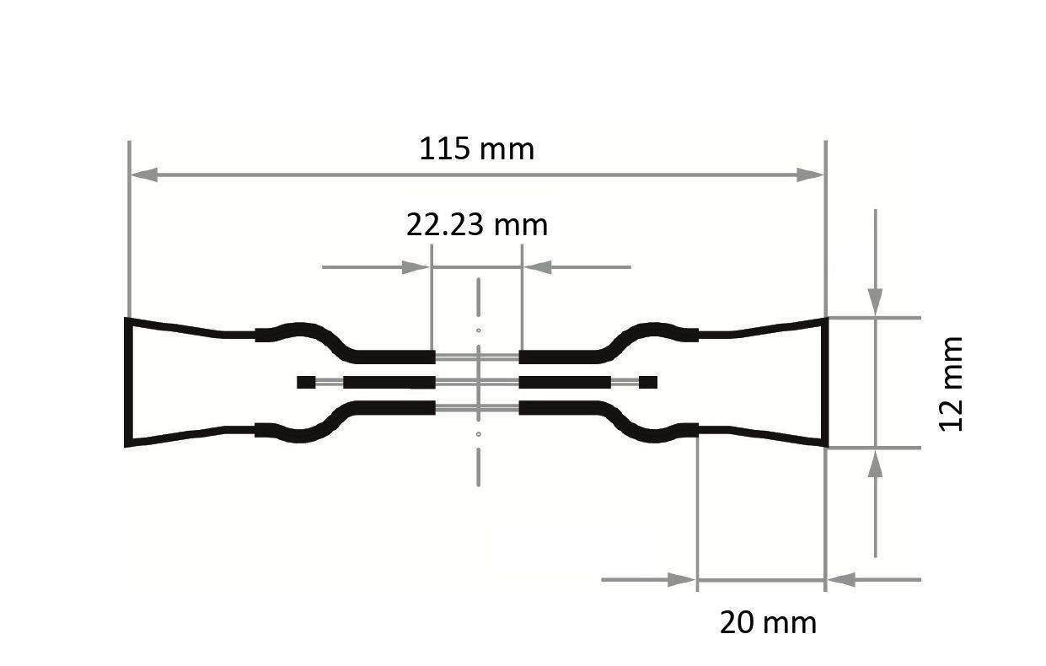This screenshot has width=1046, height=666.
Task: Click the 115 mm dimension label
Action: click(477, 149)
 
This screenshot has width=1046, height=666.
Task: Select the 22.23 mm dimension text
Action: click(477, 225)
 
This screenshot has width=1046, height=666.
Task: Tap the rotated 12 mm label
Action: click(952, 384)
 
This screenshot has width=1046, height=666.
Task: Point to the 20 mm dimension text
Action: click(768, 623)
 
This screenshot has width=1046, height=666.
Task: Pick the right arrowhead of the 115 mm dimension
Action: click(810, 175)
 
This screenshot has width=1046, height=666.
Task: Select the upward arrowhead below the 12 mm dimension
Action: click(876, 465)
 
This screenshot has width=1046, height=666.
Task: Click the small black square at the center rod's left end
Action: click(306, 383)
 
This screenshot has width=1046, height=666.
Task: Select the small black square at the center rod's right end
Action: click(648, 383)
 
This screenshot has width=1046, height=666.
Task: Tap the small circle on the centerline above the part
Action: click(478, 330)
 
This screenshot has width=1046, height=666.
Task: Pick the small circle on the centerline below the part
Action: click(478, 434)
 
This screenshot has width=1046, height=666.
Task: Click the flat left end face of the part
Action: click(128, 382)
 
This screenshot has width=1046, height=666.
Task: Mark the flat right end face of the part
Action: click(825, 382)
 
